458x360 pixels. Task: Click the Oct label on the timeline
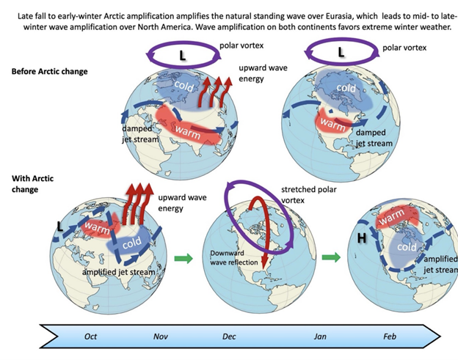(90, 337)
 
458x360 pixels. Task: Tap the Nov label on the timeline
(160, 337)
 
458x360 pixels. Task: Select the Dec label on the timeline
(229, 337)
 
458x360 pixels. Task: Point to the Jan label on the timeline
(320, 337)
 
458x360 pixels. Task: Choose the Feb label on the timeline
(390, 337)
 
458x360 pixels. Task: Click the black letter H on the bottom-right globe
(362, 238)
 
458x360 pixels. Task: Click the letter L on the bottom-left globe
(60, 226)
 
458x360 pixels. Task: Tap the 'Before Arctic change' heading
(49, 71)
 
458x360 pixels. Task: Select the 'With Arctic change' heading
(32, 184)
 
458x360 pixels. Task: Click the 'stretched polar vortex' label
(309, 195)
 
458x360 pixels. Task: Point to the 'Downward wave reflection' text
(233, 257)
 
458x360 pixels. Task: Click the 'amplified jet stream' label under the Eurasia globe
(119, 272)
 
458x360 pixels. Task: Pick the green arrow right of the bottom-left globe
(183, 258)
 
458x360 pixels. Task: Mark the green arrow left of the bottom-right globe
(331, 257)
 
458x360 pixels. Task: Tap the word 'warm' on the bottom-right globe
(392, 217)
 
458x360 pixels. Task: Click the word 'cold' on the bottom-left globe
(132, 243)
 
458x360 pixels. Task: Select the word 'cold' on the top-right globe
(346, 88)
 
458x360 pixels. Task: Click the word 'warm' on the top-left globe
(187, 132)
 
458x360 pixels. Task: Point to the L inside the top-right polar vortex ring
(341, 52)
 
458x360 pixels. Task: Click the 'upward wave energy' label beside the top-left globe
(263, 73)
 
